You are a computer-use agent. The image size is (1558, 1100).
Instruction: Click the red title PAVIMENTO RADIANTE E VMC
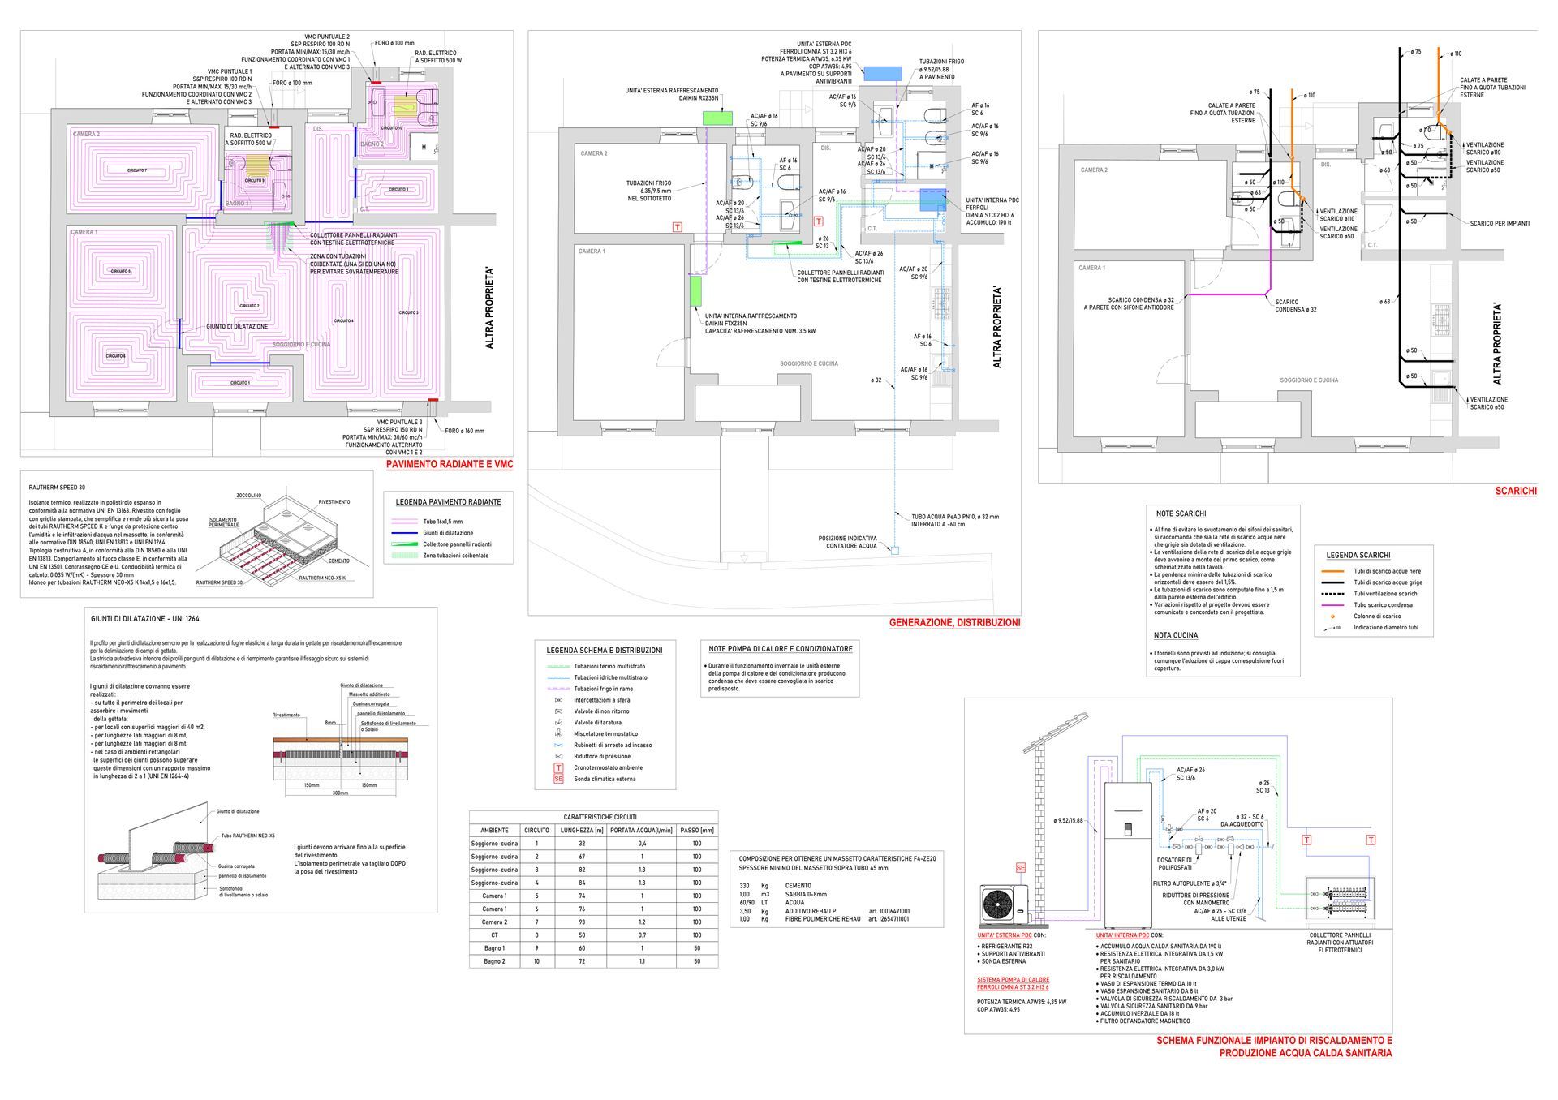(x=449, y=465)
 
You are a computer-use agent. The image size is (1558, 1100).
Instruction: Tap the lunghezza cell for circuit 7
(x=582, y=922)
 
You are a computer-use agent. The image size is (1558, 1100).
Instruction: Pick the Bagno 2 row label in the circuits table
(x=493, y=961)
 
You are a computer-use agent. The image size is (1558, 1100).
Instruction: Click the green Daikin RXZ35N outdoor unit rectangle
(x=717, y=117)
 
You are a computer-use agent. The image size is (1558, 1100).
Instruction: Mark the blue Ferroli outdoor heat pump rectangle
(x=882, y=73)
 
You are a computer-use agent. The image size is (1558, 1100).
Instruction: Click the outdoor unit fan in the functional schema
(x=999, y=902)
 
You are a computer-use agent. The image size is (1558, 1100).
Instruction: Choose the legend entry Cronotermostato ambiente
(x=608, y=767)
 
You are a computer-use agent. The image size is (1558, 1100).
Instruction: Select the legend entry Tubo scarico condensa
(x=1382, y=604)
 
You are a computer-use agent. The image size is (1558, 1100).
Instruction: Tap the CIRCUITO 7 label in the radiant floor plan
(x=136, y=170)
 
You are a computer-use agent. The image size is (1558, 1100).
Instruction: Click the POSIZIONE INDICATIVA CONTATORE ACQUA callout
(x=846, y=542)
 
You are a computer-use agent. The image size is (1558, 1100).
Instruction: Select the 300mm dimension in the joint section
(x=340, y=793)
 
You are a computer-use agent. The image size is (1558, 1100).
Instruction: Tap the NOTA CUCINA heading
(x=1176, y=635)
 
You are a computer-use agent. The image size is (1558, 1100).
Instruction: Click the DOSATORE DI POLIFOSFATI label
(x=1174, y=863)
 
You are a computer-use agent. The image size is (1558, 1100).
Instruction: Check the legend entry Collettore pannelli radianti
(x=457, y=544)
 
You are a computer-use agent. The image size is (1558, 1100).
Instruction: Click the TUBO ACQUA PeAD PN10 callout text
(x=955, y=516)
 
